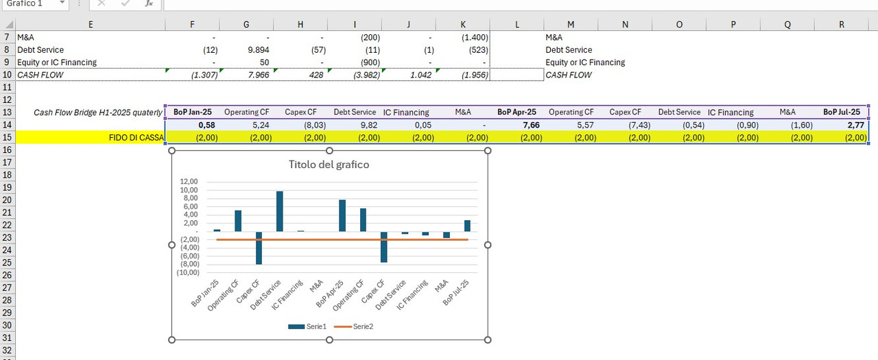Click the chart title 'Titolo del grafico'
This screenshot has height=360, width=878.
(x=329, y=165)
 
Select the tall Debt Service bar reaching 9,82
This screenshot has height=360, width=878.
(x=279, y=211)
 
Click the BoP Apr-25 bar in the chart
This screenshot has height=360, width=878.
(x=342, y=216)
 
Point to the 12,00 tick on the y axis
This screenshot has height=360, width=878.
(x=189, y=182)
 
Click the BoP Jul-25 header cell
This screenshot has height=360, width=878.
(x=842, y=112)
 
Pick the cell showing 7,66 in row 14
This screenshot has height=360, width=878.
(x=517, y=125)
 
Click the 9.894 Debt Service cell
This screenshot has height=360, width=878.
(x=246, y=50)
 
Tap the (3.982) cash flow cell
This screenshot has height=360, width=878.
(x=355, y=75)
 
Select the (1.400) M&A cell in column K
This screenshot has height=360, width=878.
(x=463, y=38)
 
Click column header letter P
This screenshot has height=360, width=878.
(x=733, y=24)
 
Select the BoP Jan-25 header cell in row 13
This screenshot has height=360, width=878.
(x=192, y=112)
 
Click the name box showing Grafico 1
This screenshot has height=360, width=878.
(x=31, y=3)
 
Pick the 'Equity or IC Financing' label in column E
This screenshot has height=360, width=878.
(x=57, y=62)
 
